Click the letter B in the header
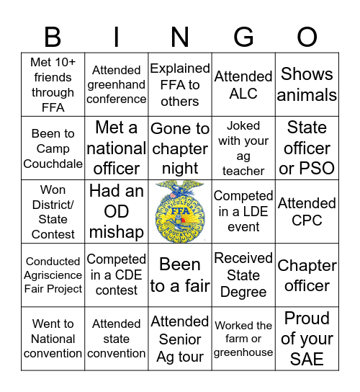click(x=53, y=36)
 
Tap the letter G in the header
click(x=244, y=36)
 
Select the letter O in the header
click(x=307, y=36)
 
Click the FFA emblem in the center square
click(x=180, y=212)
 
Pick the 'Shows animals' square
click(x=307, y=84)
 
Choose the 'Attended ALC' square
click(x=243, y=84)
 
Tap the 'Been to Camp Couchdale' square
click(x=53, y=148)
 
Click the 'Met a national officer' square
click(x=117, y=148)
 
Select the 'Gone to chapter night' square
click(x=180, y=148)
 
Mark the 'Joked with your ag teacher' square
click(x=243, y=148)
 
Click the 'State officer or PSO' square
click(x=307, y=148)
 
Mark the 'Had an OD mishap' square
click(x=117, y=212)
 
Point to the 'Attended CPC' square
click(x=307, y=212)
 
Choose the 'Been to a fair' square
click(x=180, y=275)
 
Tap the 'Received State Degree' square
click(x=243, y=275)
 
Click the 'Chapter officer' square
click(x=307, y=275)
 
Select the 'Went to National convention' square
click(x=53, y=339)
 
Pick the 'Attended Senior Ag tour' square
click(x=180, y=339)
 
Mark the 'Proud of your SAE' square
click(x=307, y=339)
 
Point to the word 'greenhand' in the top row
click(x=117, y=84)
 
